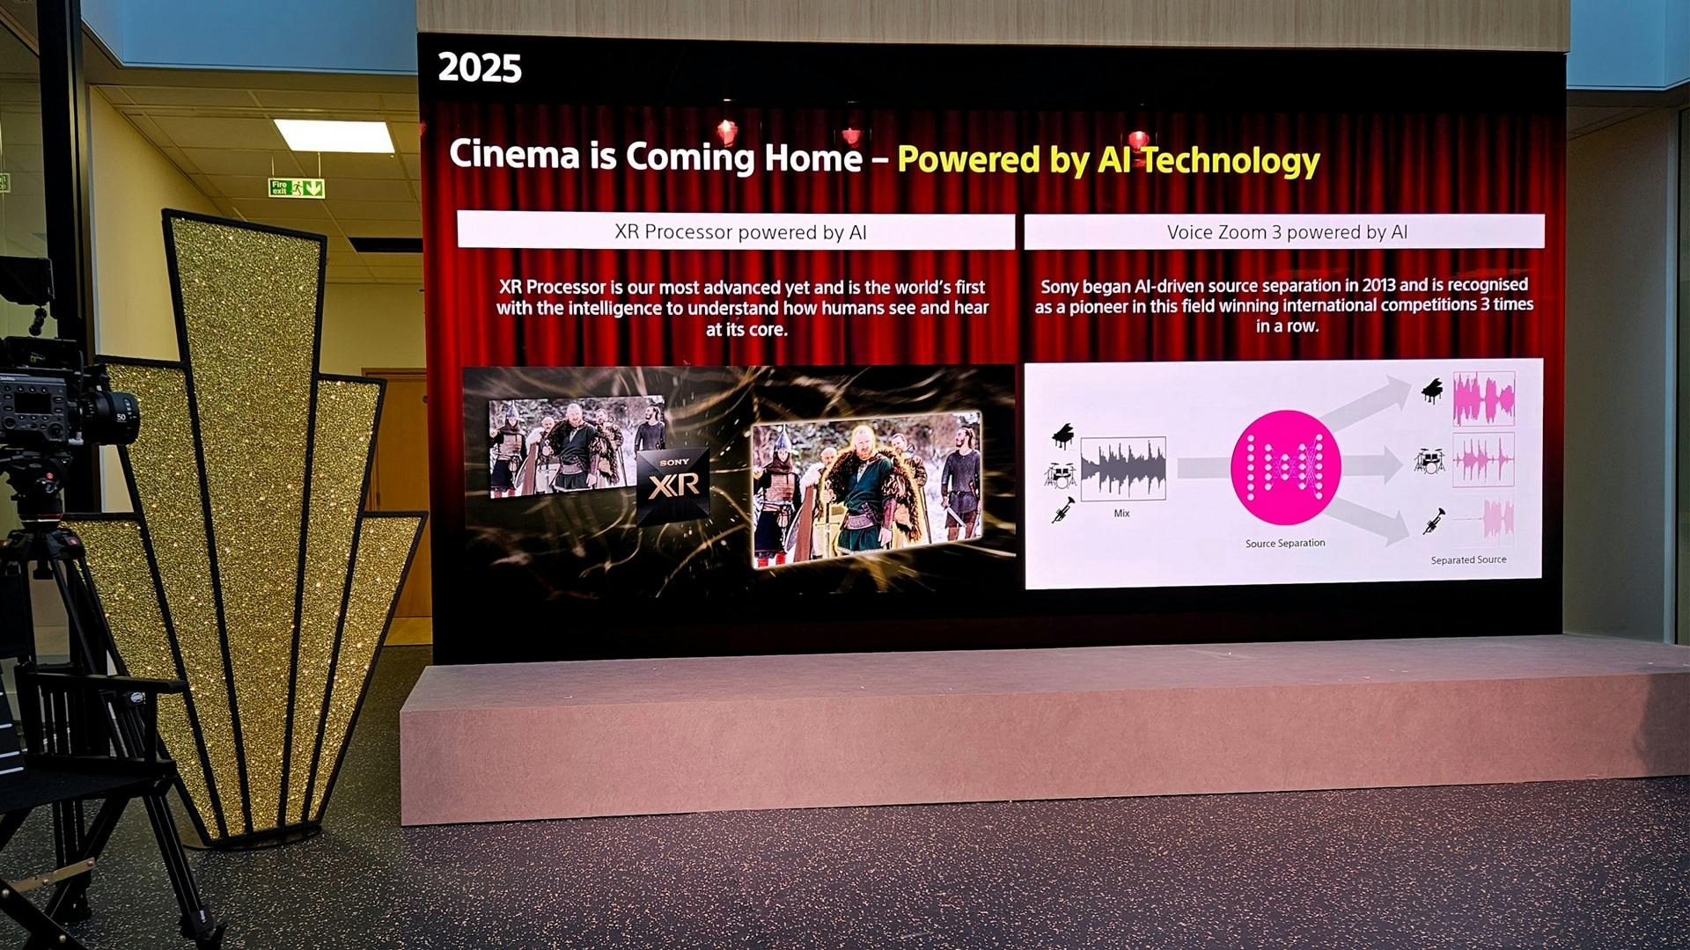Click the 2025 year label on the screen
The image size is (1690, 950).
tap(480, 68)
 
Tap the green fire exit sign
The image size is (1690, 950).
tap(297, 187)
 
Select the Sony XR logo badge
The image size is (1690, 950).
tap(673, 484)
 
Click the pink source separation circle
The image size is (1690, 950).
tap(1285, 467)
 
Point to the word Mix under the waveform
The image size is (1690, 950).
tap(1121, 513)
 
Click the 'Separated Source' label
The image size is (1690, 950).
tap(1468, 559)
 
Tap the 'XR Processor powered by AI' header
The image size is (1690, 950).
tap(740, 232)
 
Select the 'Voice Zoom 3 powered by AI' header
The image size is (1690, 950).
tap(1287, 232)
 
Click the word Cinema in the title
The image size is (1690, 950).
tap(515, 155)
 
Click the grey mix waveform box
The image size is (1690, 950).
tap(1123, 469)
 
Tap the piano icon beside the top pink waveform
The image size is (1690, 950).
tap(1432, 391)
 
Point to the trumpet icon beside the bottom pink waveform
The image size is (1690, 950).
tap(1434, 521)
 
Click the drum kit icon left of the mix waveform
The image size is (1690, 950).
tap(1061, 475)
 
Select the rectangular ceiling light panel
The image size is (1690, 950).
tap(334, 136)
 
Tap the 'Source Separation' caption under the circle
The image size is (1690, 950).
tap(1285, 544)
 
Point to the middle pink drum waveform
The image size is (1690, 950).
tap(1483, 459)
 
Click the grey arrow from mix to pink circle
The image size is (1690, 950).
tap(1203, 468)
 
